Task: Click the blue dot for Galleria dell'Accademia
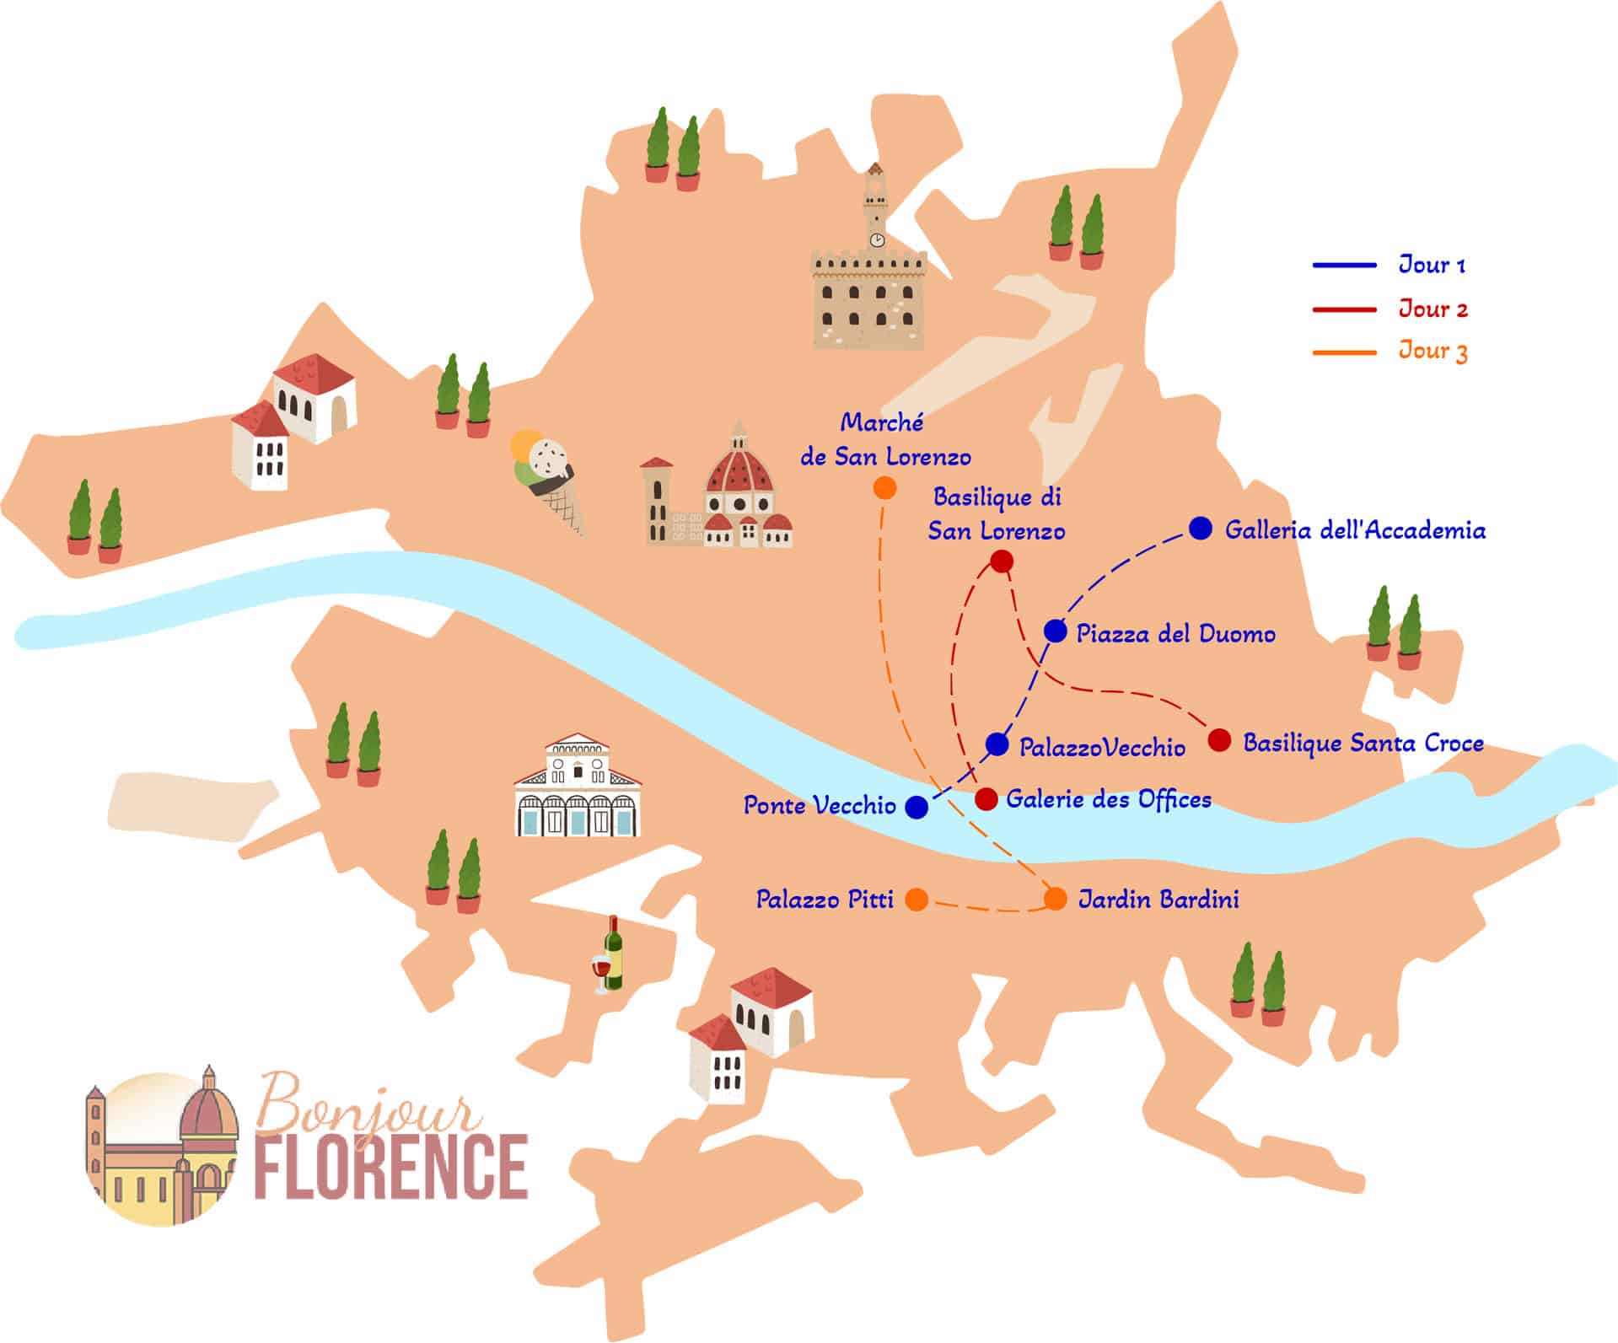pos(1201,529)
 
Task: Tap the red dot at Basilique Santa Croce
pos(1218,740)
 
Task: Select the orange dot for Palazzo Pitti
pos(917,900)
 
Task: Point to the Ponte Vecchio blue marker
pos(917,807)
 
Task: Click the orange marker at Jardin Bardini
pos(1056,899)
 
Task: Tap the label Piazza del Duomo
pos(1175,634)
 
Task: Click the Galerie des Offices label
pos(1108,799)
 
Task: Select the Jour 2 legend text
pos(1433,309)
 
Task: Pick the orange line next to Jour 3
pos(1344,352)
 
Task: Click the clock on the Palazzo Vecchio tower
pos(877,240)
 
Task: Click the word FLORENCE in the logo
pos(391,1167)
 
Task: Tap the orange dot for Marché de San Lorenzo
pos(884,488)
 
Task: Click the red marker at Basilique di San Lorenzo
pos(1001,561)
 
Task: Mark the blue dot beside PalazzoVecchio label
pos(997,744)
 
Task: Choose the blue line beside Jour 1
pos(1344,266)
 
